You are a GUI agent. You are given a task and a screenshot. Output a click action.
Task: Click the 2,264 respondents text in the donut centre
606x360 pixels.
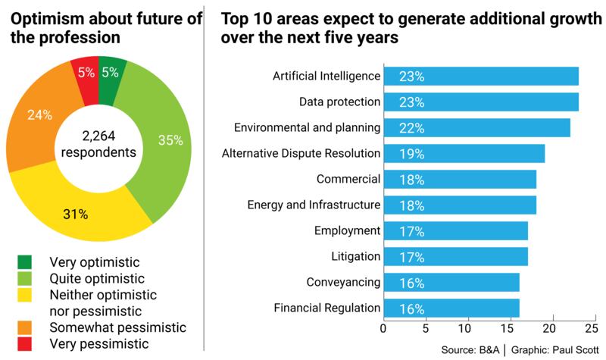[x=102, y=144]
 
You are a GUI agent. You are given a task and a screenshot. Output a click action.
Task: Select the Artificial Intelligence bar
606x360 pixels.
[x=481, y=76]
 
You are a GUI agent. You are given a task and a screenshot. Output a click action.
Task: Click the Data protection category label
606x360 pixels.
[x=339, y=102]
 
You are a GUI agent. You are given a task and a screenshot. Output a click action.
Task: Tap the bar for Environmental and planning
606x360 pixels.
[x=477, y=128]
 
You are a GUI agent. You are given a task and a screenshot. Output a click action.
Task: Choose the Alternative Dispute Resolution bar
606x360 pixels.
[x=464, y=154]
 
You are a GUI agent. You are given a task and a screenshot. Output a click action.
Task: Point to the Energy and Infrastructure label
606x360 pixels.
[x=314, y=205]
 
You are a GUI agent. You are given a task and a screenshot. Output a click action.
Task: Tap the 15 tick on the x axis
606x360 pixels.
[x=508, y=329]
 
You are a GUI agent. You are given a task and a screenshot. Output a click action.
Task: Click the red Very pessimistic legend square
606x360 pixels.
[x=25, y=343]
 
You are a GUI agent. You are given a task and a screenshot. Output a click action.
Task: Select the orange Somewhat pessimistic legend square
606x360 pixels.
[x=25, y=327]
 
